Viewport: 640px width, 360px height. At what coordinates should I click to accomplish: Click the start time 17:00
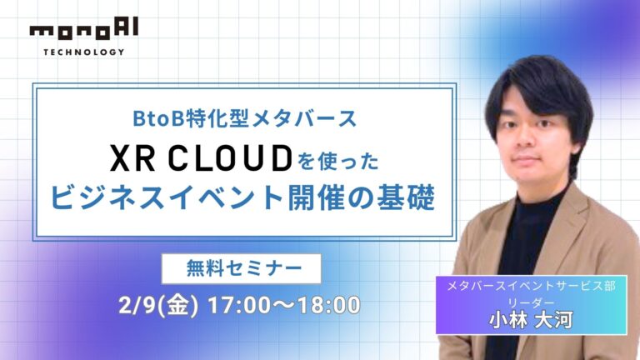pos(232,305)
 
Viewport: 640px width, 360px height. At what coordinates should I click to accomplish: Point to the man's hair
pos(533,87)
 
